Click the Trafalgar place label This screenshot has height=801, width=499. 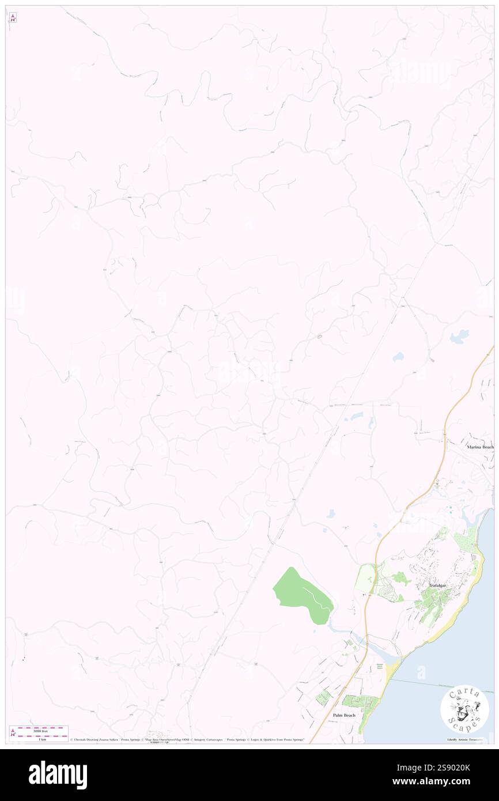[x=437, y=585]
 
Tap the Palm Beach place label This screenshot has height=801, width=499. [x=344, y=715]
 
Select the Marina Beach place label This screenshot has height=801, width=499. [x=480, y=447]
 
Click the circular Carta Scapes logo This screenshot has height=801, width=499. [x=464, y=709]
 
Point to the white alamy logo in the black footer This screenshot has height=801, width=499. [x=58, y=775]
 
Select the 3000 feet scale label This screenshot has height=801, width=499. [x=39, y=729]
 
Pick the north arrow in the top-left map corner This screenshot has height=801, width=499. [x=13, y=18]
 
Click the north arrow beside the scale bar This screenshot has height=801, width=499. [x=13, y=732]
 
